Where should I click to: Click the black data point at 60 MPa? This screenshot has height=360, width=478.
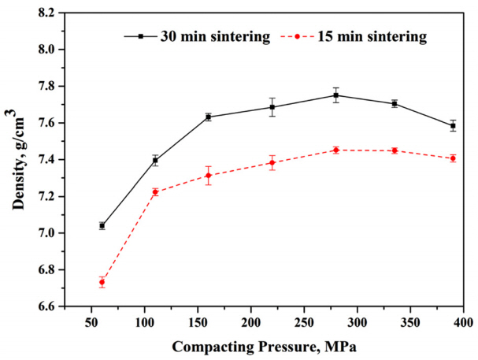click(102, 225)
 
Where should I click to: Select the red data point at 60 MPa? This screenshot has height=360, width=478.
click(102, 282)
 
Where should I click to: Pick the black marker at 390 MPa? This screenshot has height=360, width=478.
click(453, 125)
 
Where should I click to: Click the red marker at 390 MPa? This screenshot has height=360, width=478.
click(453, 158)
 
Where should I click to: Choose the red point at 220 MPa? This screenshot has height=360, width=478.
click(272, 163)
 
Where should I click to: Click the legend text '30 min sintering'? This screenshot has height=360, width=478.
click(205, 35)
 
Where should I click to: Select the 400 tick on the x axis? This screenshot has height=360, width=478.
click(463, 323)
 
